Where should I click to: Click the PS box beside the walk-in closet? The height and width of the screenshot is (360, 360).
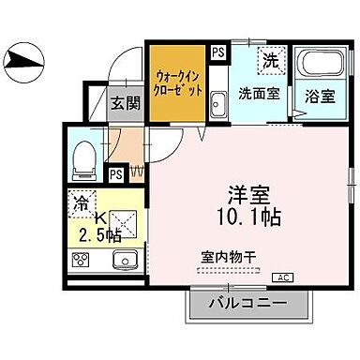(x=217, y=53)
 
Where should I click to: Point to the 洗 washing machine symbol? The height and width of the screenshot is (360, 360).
(x=270, y=60)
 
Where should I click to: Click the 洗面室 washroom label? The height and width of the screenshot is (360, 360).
(x=256, y=94)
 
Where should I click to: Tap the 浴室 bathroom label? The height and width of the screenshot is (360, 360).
(x=315, y=94)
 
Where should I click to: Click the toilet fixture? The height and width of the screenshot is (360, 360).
(x=82, y=159)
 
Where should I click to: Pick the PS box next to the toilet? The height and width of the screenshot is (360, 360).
(x=116, y=173)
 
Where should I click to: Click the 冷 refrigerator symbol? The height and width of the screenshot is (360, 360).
(x=82, y=202)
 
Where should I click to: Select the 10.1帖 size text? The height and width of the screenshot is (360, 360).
(x=247, y=217)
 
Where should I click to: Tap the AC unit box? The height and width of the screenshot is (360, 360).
(x=283, y=277)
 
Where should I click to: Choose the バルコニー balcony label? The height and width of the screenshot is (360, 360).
(x=249, y=304)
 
